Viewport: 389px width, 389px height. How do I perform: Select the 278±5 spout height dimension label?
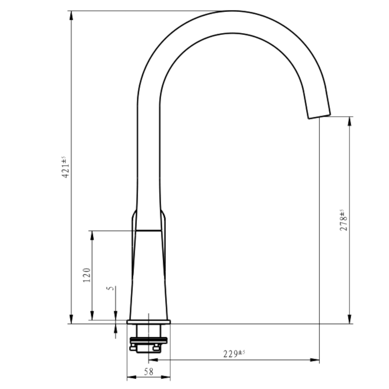[344, 220]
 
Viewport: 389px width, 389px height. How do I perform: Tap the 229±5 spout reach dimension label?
[234, 354]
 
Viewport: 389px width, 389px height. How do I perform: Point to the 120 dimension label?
[87, 275]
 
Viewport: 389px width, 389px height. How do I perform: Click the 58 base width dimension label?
[148, 371]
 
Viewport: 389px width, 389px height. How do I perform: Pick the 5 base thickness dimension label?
[110, 288]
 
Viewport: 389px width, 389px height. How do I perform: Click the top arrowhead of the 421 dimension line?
[71, 15]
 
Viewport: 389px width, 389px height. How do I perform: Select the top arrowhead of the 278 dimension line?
[350, 121]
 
